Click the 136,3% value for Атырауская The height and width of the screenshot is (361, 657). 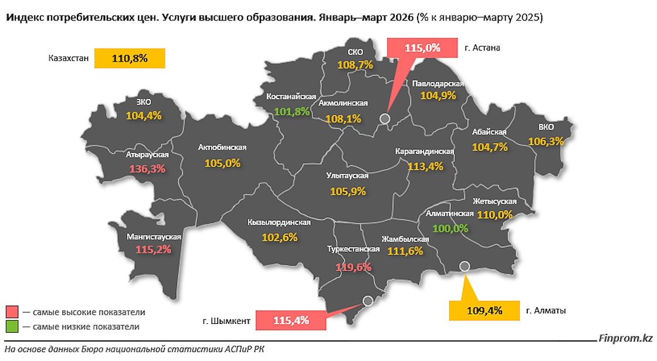point(147,168)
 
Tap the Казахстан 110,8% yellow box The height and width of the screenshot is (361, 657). point(130,59)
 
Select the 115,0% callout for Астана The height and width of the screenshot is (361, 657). point(422,48)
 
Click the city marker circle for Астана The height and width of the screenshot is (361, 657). point(385,119)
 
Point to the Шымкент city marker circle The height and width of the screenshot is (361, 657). point(368,301)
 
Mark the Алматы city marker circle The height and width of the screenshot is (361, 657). point(465,266)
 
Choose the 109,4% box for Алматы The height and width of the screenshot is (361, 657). point(484,311)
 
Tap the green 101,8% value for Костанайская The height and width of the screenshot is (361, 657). point(292,112)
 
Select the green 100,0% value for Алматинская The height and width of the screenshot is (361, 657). point(451,228)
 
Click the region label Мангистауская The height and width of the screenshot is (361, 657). point(154,237)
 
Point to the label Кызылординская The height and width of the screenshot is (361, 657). point(279,222)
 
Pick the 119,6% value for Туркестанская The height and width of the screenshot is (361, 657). point(353,267)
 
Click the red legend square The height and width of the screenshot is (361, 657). point(12,311)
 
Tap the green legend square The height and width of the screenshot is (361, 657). point(12,326)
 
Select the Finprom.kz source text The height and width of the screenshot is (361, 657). point(625,338)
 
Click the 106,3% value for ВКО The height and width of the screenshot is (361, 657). point(546,141)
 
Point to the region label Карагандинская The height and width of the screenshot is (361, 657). point(425,151)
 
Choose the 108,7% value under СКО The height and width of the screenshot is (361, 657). point(355,65)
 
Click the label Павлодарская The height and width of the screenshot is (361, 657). point(438,83)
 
